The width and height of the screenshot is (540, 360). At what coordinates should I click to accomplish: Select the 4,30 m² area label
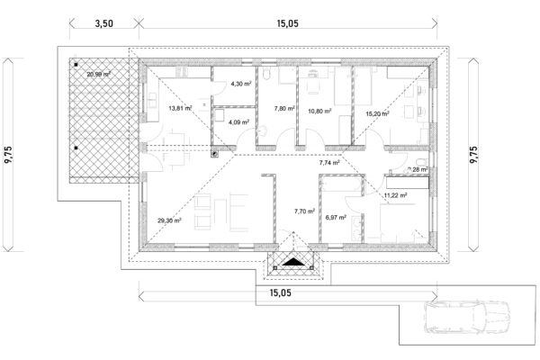pyautogui.click(x=240, y=84)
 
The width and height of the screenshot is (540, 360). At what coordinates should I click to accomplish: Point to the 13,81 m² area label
pyautogui.click(x=181, y=108)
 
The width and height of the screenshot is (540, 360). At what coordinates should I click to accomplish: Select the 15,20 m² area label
pyautogui.click(x=378, y=114)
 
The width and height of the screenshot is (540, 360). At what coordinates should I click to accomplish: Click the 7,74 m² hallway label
pyautogui.click(x=329, y=163)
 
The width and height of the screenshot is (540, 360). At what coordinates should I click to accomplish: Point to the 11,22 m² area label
pyautogui.click(x=395, y=194)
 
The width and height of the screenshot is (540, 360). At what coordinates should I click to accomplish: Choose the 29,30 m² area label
pyautogui.click(x=170, y=220)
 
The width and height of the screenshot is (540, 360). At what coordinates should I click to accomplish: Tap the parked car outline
pyautogui.click(x=467, y=319)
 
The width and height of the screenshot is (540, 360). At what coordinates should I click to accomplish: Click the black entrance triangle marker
pyautogui.click(x=293, y=263)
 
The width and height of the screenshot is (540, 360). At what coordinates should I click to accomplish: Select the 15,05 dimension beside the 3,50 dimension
pyautogui.click(x=289, y=24)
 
